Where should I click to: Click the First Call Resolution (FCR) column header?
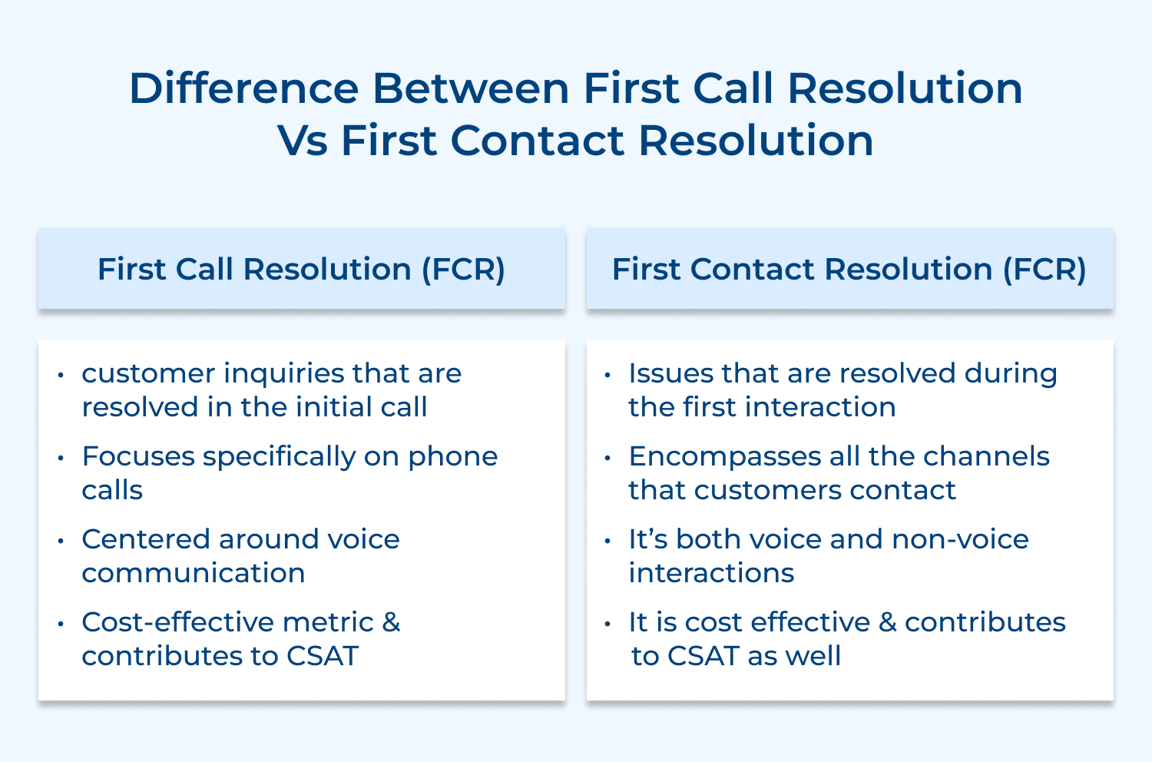pos(301,269)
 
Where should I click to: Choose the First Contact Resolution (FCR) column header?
pos(849,269)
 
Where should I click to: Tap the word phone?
pos(452,456)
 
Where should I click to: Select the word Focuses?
pos(137,456)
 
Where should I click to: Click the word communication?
pos(194,573)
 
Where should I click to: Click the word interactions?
pos(711,573)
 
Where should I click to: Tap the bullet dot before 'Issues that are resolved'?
pos(608,376)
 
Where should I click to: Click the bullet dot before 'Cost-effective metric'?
pos(61,624)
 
